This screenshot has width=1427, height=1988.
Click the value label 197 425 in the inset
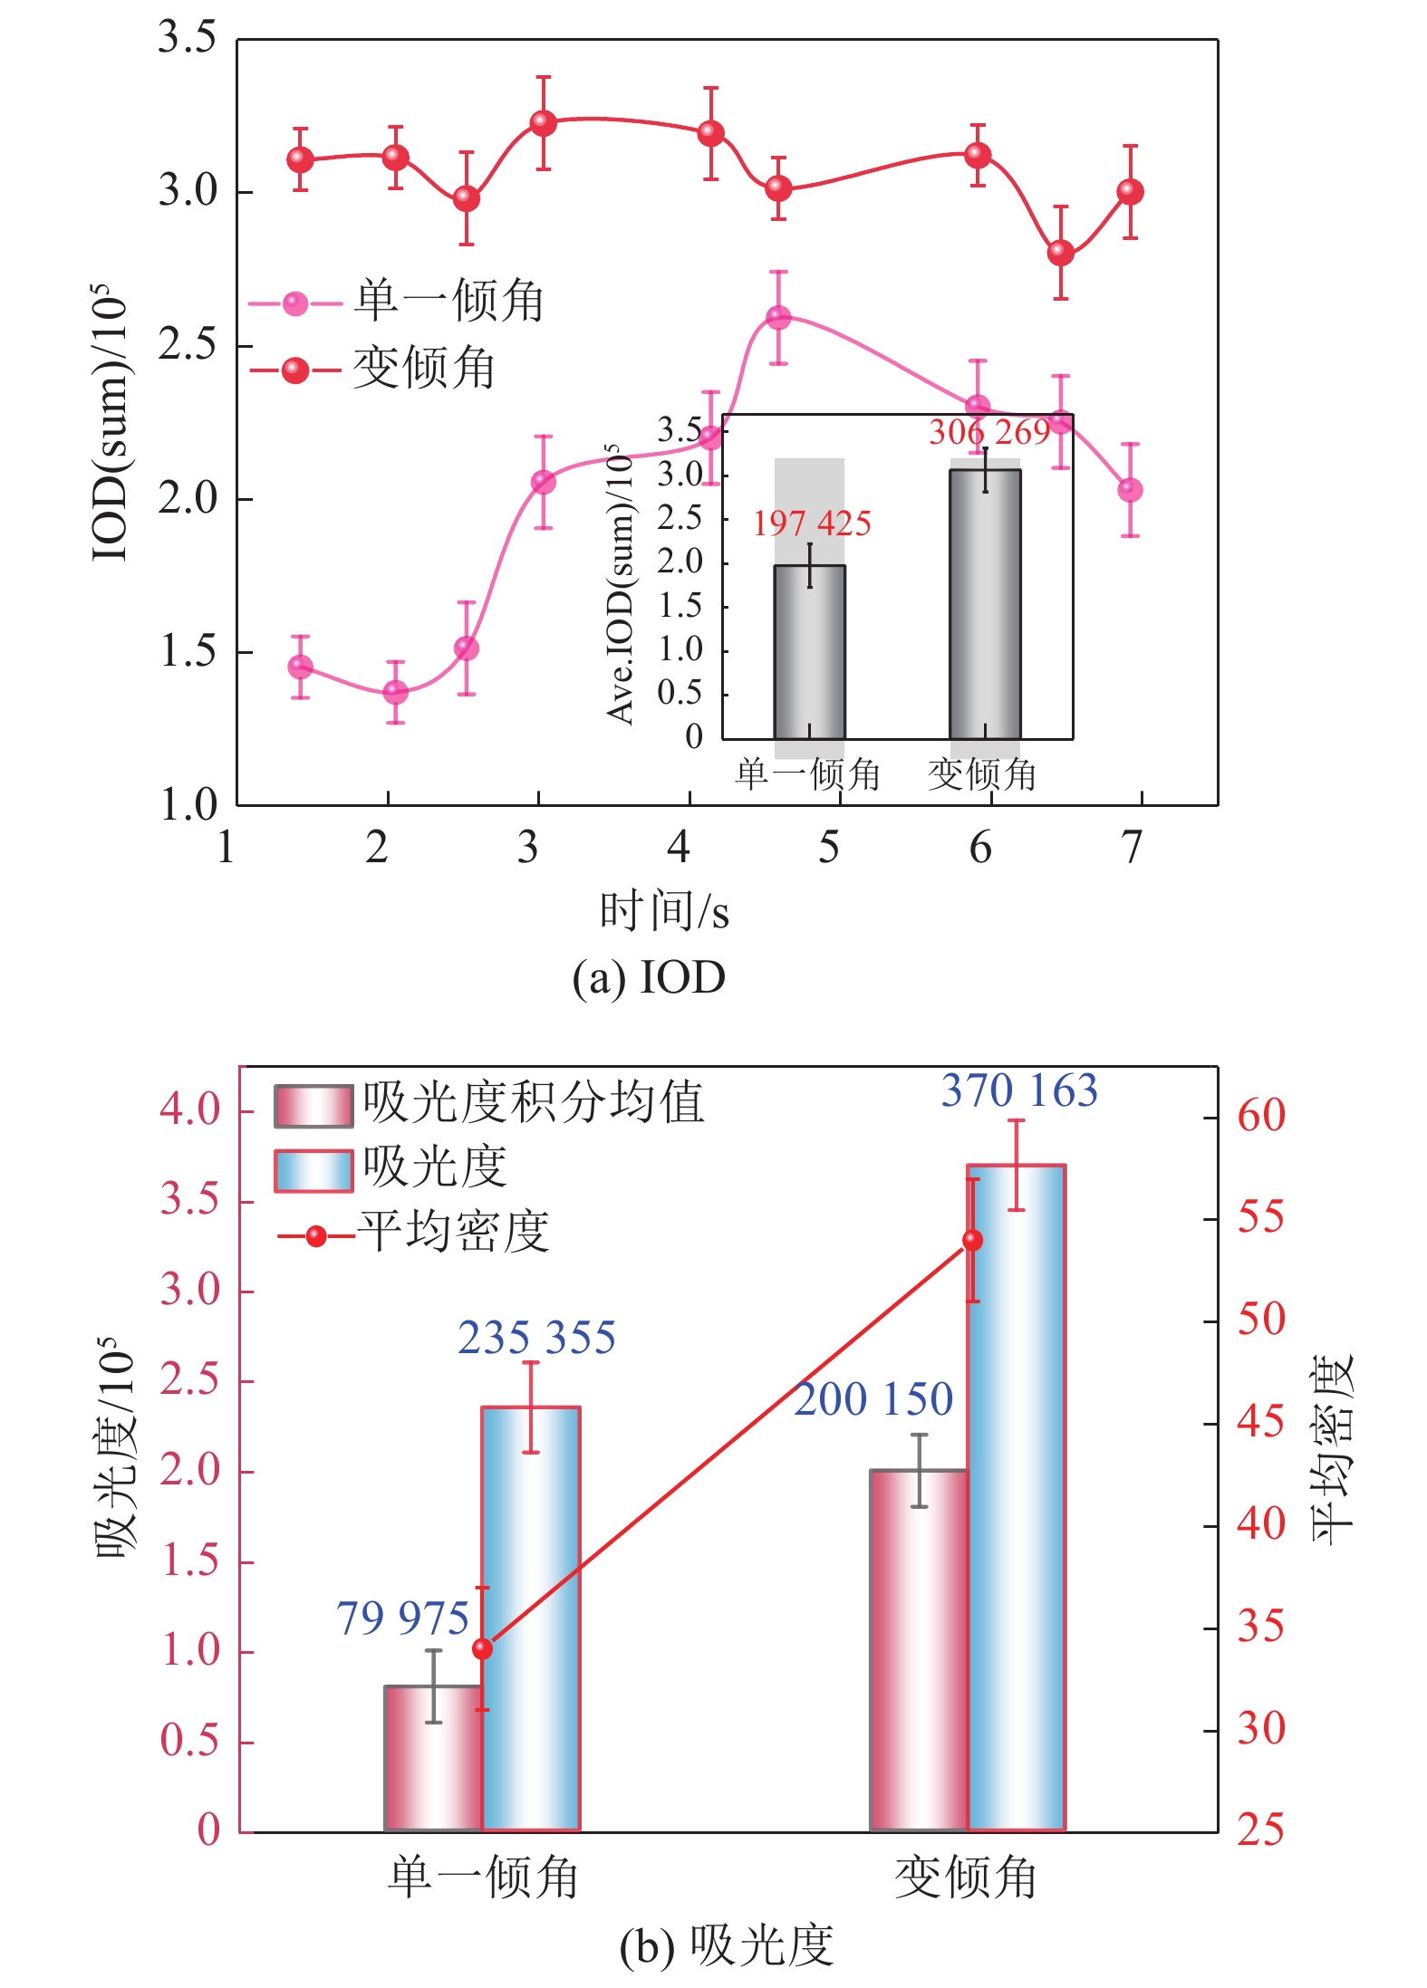(812, 524)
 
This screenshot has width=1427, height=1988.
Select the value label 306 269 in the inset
(989, 433)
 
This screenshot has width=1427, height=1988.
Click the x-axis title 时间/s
(664, 911)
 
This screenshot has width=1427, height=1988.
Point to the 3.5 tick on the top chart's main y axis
(188, 38)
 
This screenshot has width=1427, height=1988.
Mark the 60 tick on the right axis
(1261, 1116)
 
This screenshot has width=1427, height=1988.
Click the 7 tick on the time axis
(1132, 848)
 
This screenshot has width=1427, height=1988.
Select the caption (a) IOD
(649, 978)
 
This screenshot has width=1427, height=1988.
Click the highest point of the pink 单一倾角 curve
(778, 318)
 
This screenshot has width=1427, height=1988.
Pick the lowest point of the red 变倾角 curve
(1060, 254)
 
